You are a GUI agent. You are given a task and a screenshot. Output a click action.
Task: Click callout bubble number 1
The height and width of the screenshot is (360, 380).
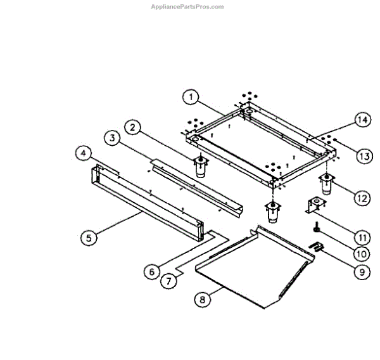coord(189,98)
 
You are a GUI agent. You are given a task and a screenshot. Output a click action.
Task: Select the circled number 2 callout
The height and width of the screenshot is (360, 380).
coord(132,127)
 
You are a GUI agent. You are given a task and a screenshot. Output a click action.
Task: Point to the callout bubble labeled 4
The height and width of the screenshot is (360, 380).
coord(83,153)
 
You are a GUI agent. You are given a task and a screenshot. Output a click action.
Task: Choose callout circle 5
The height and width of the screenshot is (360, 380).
coord(89,238)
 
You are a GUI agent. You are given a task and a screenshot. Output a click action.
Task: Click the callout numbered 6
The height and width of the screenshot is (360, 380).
coord(150,271)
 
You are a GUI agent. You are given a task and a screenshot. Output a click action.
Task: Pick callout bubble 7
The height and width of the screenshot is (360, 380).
coord(167,281)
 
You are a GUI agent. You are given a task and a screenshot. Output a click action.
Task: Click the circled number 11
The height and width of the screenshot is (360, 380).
coord(360,238)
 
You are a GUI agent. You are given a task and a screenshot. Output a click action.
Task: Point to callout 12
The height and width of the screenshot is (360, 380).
coord(360,198)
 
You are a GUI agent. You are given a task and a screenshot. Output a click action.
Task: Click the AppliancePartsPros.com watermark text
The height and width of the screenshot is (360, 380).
coord(187,6)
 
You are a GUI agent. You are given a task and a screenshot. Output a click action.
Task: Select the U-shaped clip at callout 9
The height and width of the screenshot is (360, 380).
coord(316,246)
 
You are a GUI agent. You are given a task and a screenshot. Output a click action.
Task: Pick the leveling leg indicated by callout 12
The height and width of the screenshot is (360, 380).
coord(326,183)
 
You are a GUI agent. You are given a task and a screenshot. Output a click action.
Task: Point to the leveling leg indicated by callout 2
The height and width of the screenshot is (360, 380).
coord(201,166)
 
